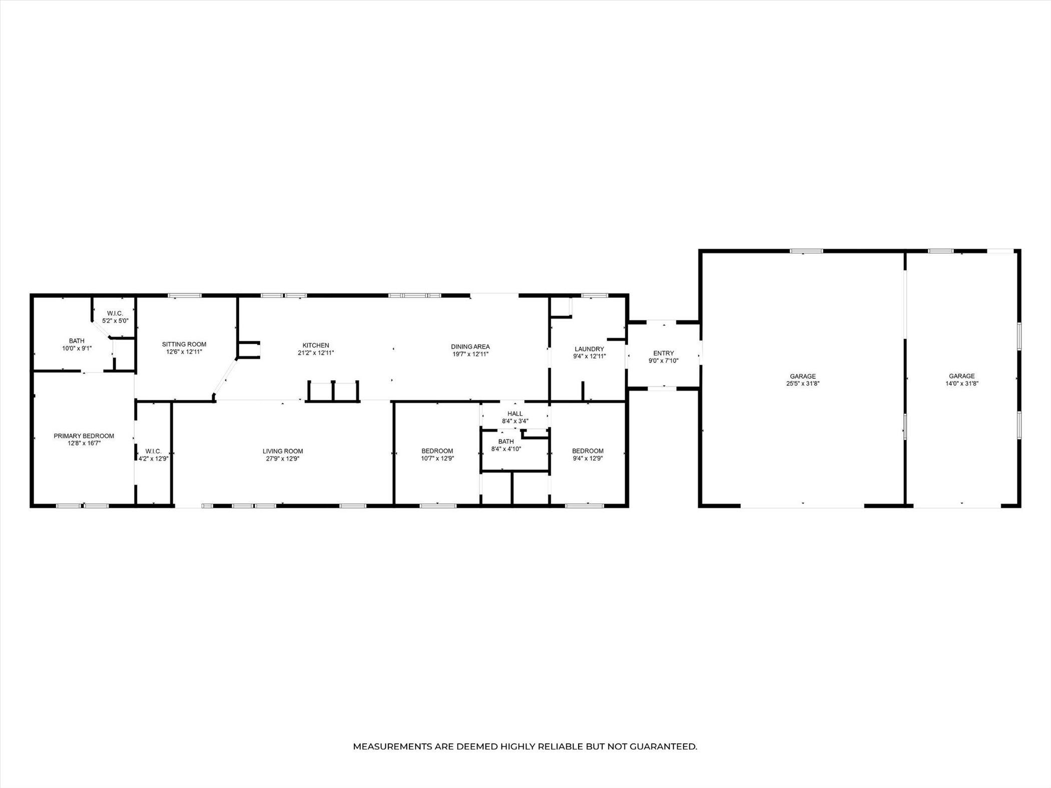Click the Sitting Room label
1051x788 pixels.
(x=184, y=344)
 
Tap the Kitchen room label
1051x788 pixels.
(x=316, y=345)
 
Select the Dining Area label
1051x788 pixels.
(x=470, y=347)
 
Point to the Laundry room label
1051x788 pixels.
(x=590, y=349)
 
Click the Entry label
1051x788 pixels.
(x=664, y=353)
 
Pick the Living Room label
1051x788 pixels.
(x=283, y=451)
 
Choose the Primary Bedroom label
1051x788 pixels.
(x=84, y=436)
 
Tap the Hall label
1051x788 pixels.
(x=515, y=414)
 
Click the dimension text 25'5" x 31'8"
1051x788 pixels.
(x=803, y=384)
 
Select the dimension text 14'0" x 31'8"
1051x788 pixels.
(x=962, y=384)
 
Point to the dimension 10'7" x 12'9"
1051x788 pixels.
(x=437, y=458)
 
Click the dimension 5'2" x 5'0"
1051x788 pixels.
(x=115, y=320)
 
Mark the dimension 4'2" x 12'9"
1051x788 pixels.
(x=154, y=458)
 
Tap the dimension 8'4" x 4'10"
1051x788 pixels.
(x=506, y=449)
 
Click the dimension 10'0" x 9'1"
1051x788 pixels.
(x=77, y=348)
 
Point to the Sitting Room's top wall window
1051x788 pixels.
(x=185, y=296)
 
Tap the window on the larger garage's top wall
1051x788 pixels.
(x=806, y=251)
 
